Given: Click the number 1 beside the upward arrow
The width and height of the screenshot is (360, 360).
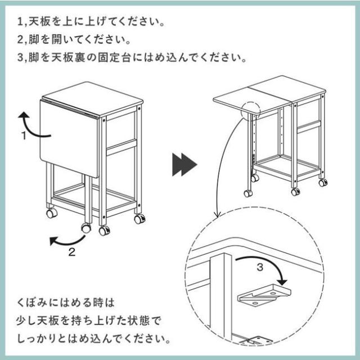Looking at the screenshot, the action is tap(24, 136).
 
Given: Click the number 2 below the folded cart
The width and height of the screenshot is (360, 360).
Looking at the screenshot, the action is tap(72, 252).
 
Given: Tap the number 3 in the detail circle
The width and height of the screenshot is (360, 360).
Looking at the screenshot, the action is tap(260, 267).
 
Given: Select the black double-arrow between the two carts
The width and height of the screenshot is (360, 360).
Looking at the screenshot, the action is tap(184, 164).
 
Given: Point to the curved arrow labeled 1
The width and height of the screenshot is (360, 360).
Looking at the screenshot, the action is tap(29, 129).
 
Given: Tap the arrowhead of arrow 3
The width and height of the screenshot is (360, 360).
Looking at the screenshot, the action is tap(282, 282).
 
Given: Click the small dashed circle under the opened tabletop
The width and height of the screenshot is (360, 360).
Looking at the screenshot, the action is tap(251, 110).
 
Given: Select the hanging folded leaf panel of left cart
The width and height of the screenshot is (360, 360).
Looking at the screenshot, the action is tap(69, 138).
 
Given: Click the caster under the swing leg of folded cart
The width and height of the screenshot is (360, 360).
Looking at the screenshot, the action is tap(86, 228).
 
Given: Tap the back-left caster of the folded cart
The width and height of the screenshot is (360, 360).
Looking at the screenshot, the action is tap(52, 213).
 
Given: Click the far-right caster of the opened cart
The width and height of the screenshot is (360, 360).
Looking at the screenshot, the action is tap(323, 183).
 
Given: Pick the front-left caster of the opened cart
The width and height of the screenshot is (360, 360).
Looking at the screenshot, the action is tap(248, 193).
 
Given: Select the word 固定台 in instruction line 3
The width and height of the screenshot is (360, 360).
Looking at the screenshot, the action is tap(114, 57).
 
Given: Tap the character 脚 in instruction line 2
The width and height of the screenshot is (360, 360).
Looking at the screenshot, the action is tap(34, 39).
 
